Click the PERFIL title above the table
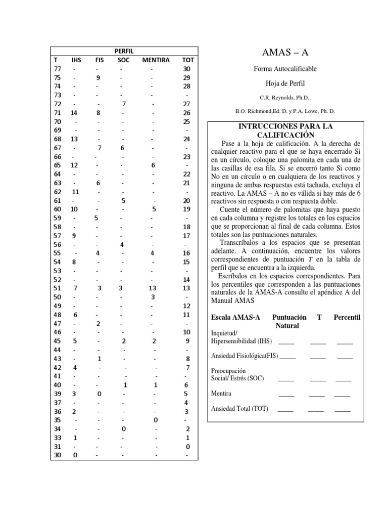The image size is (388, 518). [x=124, y=51]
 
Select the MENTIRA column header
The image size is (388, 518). [x=156, y=60]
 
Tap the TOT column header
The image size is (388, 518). [x=187, y=60]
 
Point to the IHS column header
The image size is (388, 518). [x=76, y=60]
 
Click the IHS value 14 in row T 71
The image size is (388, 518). [x=74, y=112]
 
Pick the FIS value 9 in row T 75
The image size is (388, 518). [x=99, y=77]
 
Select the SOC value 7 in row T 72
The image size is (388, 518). [x=123, y=104]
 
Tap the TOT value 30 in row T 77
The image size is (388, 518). [x=187, y=69]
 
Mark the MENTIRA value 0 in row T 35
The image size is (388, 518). [x=155, y=420]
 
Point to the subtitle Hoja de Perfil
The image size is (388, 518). [x=285, y=83]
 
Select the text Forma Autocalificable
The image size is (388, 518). [x=285, y=69]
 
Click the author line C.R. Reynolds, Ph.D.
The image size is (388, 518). [x=285, y=97]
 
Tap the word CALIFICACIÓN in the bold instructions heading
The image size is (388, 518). [x=285, y=135]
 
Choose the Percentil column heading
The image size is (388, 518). [x=347, y=317]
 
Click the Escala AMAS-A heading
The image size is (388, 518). [x=235, y=317]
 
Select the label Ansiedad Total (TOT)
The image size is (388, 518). [x=239, y=408]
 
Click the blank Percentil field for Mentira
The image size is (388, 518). [x=342, y=393]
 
